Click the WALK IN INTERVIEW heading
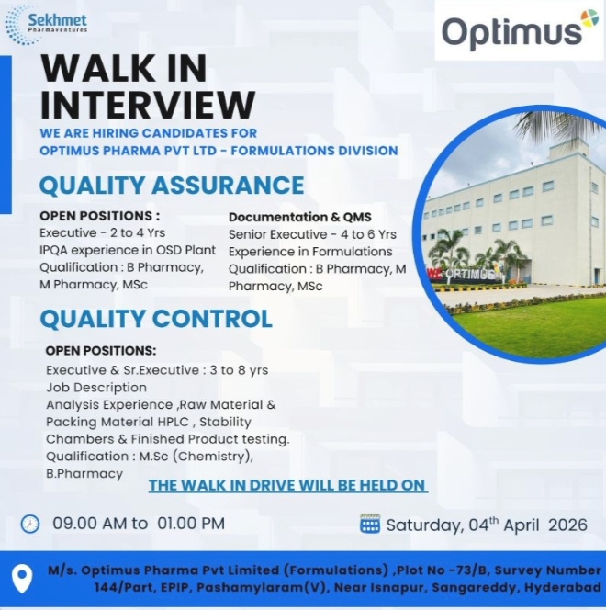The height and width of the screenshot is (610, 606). (x=148, y=86)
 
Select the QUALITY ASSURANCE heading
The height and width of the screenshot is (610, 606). (x=171, y=185)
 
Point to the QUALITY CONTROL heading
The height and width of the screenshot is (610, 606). (x=155, y=319)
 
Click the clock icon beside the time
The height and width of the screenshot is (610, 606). (x=30, y=524)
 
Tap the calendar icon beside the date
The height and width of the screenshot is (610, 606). (x=370, y=525)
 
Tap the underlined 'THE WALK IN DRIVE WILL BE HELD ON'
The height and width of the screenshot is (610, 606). (x=288, y=485)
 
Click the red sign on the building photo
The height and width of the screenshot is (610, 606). (x=433, y=274)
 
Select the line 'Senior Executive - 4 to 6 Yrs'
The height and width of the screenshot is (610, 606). (x=312, y=234)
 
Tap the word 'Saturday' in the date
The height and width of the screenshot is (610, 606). (x=419, y=525)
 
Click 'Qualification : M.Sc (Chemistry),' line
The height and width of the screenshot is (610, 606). (x=150, y=457)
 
